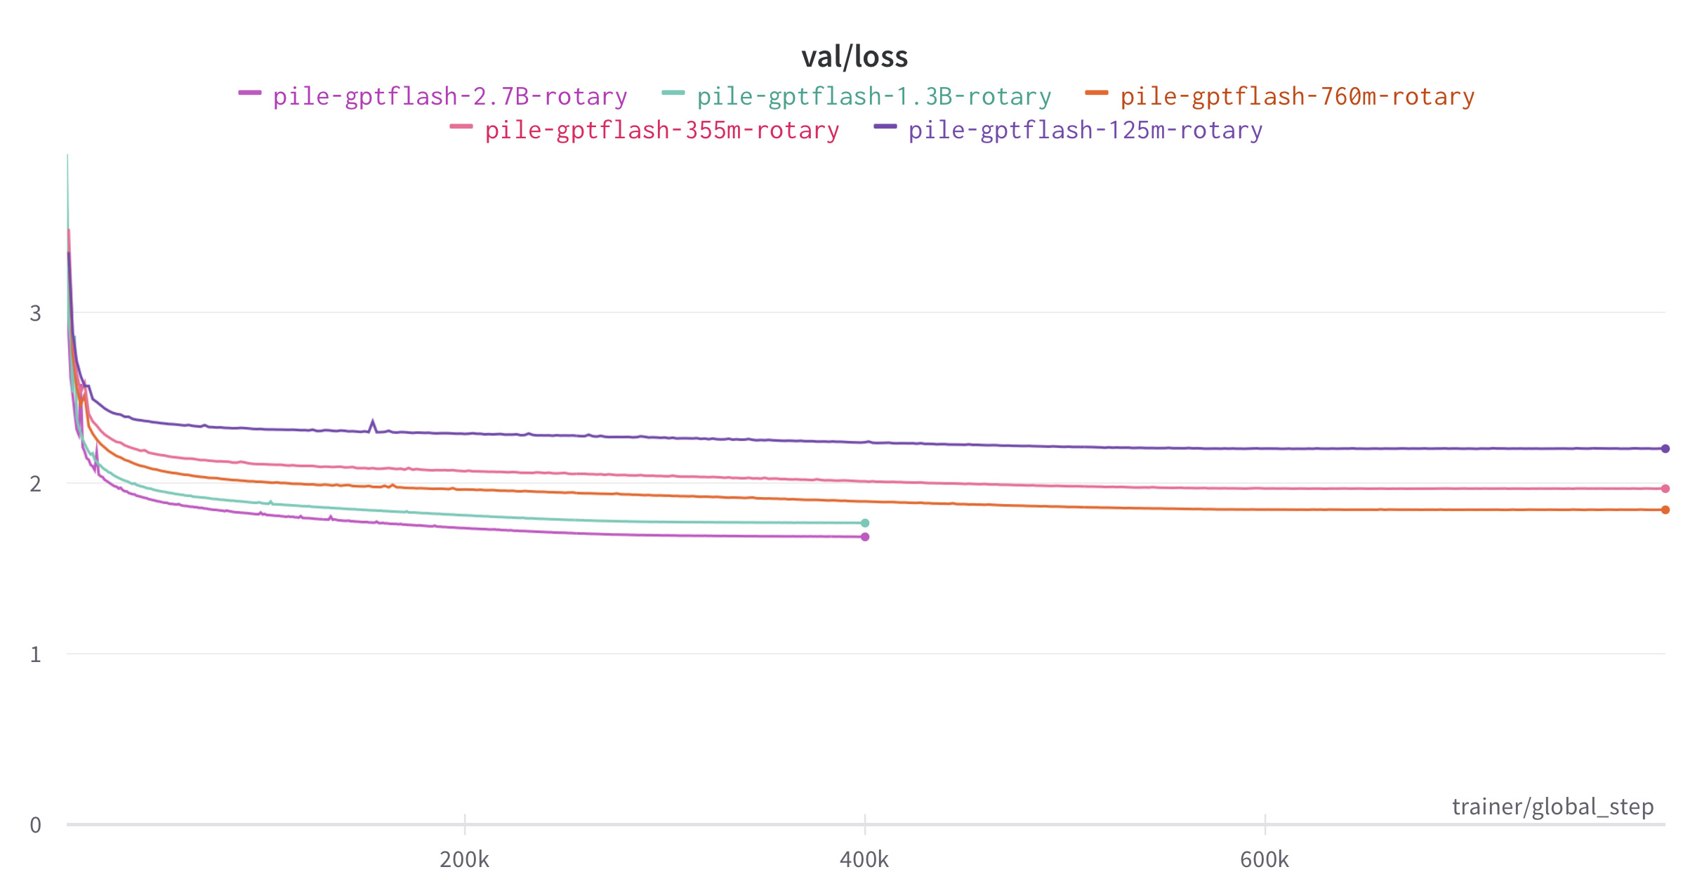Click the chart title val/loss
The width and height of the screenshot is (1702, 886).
[855, 57]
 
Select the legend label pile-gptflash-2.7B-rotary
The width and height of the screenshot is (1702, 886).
[450, 96]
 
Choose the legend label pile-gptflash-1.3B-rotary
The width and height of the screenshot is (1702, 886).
[873, 96]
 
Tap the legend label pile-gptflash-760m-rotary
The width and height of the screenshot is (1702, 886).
[1297, 96]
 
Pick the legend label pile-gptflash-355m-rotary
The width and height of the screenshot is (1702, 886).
[661, 130]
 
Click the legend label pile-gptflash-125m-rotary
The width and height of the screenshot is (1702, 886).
[1085, 130]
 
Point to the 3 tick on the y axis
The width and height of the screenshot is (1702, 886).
[35, 313]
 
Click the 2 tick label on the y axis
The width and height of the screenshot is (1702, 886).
[35, 484]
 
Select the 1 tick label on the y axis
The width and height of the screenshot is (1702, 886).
[35, 654]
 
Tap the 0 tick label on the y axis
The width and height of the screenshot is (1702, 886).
[35, 825]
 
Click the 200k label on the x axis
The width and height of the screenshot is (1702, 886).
[464, 859]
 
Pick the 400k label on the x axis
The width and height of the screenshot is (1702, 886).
[864, 859]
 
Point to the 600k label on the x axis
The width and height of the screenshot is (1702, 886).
[1265, 859]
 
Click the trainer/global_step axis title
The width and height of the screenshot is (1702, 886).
[1552, 807]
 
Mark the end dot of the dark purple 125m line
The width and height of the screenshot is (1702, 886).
[1665, 449]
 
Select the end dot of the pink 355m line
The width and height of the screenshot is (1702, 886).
[1665, 489]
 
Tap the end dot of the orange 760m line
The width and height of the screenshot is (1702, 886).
[1665, 510]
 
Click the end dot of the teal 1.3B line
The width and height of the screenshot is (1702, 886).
[865, 523]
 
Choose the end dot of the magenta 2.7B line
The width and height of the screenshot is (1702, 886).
[865, 537]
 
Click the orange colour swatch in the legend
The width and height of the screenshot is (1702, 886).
[1096, 93]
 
